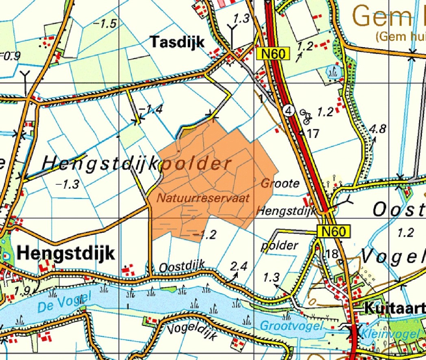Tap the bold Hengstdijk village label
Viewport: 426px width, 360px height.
[66, 253]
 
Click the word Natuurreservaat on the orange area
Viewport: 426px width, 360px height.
[203, 198]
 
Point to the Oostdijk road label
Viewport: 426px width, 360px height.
[181, 268]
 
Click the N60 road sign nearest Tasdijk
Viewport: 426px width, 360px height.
[273, 53]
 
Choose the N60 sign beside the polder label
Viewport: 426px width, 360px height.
[333, 232]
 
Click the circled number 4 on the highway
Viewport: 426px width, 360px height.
[289, 110]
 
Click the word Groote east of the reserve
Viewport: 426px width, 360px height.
[280, 183]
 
